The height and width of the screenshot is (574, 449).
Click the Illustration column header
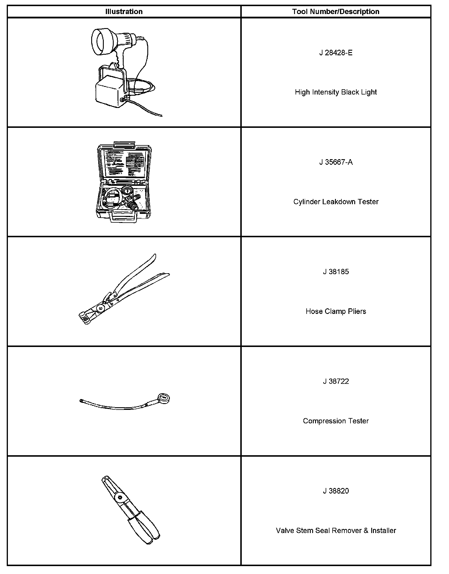(x=124, y=12)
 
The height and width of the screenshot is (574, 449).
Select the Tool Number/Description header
(x=336, y=12)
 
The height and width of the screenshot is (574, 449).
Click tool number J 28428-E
(x=336, y=53)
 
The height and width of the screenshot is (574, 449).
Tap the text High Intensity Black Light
(x=336, y=92)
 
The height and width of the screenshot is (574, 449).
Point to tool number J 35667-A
(x=336, y=162)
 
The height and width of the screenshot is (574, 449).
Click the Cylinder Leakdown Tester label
(x=336, y=202)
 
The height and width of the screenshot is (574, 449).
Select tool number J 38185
(x=336, y=271)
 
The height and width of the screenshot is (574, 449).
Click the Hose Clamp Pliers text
(x=336, y=311)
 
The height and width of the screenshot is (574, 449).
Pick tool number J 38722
(x=336, y=381)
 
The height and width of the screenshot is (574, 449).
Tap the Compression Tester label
(x=336, y=421)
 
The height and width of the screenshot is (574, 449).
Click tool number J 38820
(x=336, y=491)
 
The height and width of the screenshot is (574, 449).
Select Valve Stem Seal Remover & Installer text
(x=336, y=530)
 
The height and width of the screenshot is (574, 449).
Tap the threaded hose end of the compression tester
(x=82, y=401)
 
